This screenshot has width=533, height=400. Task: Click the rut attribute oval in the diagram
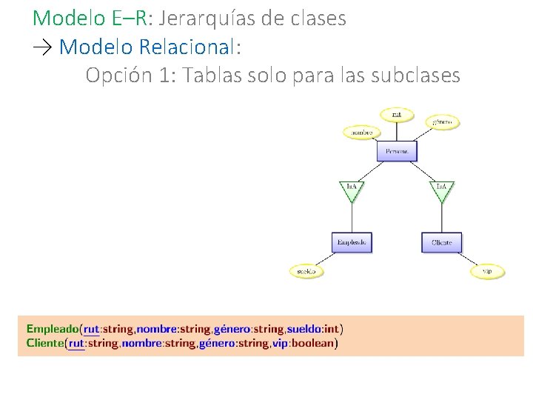397,114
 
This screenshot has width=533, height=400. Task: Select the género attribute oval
443,121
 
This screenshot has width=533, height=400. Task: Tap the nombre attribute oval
361,133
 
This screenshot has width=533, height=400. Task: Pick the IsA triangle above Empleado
352,190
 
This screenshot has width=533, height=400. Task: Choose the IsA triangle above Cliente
441,190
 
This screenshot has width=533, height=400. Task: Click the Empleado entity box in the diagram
352,242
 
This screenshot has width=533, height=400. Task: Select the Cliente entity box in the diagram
442,242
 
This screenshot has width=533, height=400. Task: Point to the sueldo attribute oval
306,272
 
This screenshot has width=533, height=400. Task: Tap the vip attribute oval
487,272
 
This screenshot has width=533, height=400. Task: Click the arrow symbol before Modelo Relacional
43,47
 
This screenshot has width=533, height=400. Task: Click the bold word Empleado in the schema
53,329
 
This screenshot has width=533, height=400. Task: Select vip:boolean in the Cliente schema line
311,343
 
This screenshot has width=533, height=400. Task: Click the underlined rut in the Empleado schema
92,329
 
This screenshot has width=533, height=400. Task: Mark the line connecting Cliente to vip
467,259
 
